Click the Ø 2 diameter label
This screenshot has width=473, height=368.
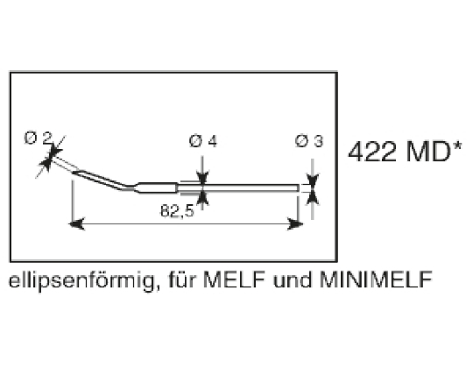click(38, 138)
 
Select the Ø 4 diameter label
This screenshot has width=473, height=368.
click(202, 142)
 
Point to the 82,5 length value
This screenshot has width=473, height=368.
click(177, 211)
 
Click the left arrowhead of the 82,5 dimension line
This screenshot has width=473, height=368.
click(75, 225)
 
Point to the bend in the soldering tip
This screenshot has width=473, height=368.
click(128, 187)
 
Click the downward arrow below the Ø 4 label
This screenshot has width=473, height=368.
click(202, 175)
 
